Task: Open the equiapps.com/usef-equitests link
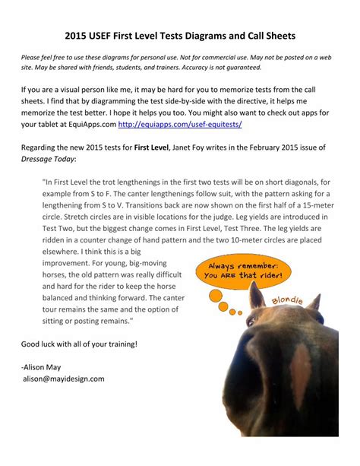tap(186, 123)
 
